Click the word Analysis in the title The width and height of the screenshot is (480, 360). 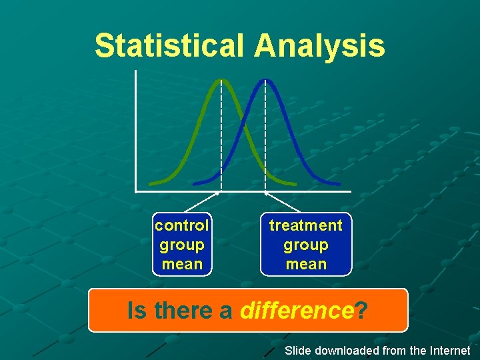click(x=319, y=46)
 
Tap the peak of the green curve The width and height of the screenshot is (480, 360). click(x=221, y=81)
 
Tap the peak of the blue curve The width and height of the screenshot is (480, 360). click(x=265, y=81)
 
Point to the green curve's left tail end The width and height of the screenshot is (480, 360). click(x=151, y=183)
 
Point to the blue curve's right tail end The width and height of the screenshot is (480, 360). click(x=338, y=183)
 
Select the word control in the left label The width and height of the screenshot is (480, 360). click(x=182, y=225)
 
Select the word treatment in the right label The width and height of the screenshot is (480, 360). click(x=305, y=225)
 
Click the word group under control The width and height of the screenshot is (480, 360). click(x=182, y=245)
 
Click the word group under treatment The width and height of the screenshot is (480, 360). click(x=305, y=245)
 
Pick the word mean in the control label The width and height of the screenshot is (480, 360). click(x=182, y=264)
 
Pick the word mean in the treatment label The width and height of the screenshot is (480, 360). click(x=305, y=264)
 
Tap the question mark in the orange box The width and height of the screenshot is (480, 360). click(x=361, y=311)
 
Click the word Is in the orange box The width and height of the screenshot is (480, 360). click(x=138, y=311)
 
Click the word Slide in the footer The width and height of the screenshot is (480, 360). click(x=298, y=351)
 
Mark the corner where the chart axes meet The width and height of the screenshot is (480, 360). click(x=135, y=192)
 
